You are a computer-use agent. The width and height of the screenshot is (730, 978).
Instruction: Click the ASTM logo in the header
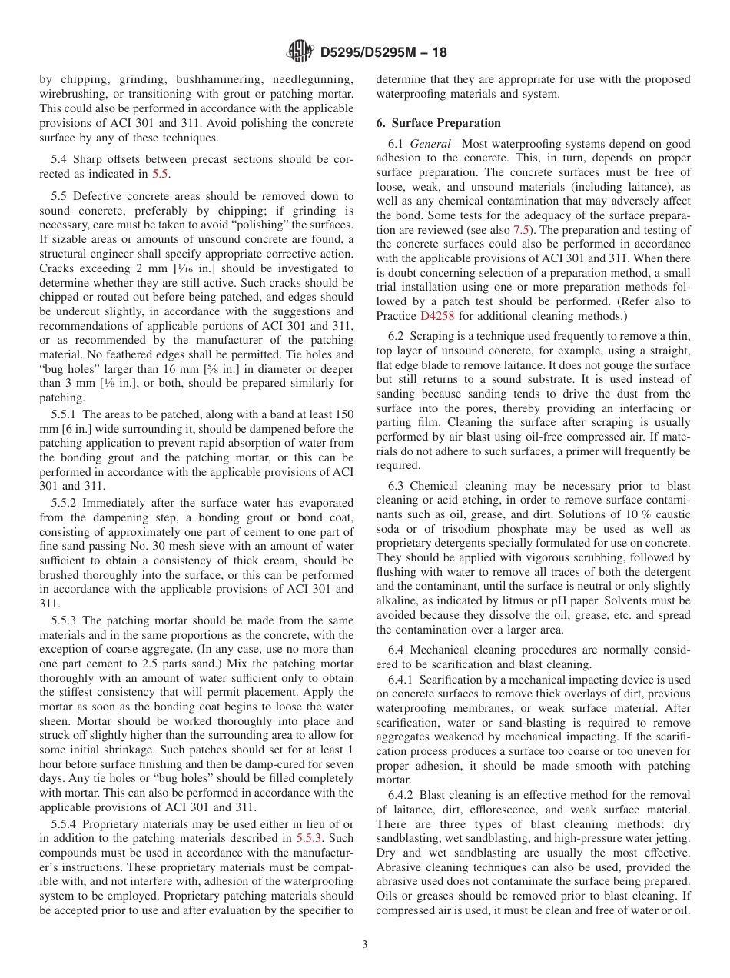click(x=299, y=52)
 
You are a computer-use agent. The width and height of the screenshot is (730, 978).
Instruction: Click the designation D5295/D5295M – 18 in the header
click(x=381, y=52)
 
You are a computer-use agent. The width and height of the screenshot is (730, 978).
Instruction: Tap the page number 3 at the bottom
click(x=365, y=945)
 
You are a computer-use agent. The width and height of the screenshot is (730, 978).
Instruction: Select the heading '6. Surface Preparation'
click(x=438, y=123)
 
